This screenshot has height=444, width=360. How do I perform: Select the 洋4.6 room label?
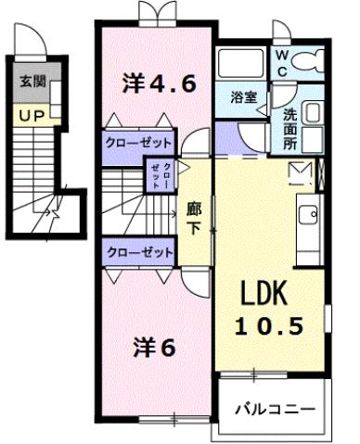(159, 85)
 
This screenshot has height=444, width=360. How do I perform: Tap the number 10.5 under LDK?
(268, 327)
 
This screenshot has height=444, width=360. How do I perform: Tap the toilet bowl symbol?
(313, 63)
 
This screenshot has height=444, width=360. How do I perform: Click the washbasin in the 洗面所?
(313, 115)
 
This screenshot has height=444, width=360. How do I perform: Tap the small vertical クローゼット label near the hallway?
(160, 173)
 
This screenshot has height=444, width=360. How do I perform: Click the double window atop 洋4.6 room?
(154, 13)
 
